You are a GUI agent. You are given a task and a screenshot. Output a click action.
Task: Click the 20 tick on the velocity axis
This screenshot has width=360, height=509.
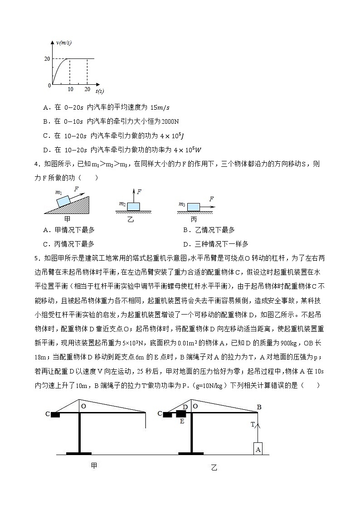[47, 58]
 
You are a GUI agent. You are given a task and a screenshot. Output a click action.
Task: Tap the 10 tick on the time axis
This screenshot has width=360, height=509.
[70, 90]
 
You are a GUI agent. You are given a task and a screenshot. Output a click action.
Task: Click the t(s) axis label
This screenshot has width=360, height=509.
[100, 91]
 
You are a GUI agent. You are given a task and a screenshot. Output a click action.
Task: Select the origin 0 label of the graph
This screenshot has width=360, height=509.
[49, 85]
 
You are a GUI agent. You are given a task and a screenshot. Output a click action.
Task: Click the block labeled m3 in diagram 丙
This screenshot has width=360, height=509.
[194, 207]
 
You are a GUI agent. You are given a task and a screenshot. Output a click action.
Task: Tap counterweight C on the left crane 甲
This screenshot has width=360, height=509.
[56, 414]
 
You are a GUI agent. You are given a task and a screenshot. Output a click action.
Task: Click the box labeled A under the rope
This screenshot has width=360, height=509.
[258, 449]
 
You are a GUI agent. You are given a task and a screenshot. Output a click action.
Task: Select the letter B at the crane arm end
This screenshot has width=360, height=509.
[259, 407]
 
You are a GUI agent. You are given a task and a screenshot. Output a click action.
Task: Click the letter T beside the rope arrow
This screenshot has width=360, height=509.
[253, 424]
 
